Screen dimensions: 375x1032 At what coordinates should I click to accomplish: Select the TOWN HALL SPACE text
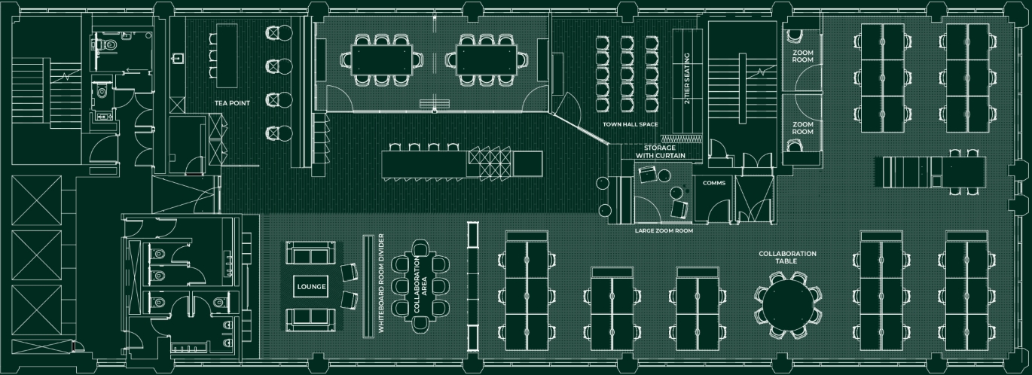point(630,123)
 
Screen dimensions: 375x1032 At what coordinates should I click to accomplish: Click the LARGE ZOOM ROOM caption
point(664,230)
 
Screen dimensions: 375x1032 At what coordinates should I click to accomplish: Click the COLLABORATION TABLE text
point(787,258)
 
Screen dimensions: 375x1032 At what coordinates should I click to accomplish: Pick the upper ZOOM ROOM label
point(802,56)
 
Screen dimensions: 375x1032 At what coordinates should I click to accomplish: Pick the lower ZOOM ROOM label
point(802,128)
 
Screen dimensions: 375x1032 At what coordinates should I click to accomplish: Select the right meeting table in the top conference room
point(486,56)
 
